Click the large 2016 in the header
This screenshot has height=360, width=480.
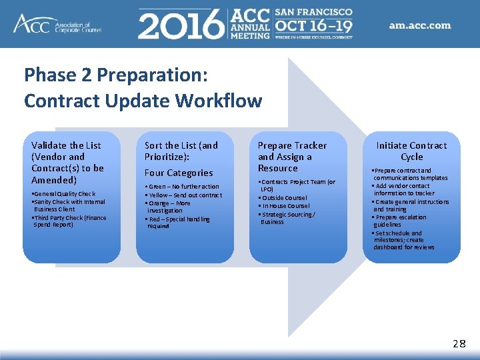(x=181, y=25)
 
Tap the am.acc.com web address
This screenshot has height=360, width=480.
(x=420, y=26)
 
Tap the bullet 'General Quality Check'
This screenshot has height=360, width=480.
(x=65, y=194)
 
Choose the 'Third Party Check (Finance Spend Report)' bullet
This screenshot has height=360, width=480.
(x=69, y=221)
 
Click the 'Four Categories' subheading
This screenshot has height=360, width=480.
(x=179, y=173)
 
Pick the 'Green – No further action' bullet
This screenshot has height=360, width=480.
(x=183, y=187)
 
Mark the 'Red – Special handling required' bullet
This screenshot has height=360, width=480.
(x=179, y=223)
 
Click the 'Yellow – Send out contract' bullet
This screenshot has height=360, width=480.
(x=184, y=195)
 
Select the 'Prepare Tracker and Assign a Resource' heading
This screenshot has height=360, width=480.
(x=292, y=157)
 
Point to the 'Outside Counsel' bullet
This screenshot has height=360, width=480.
(x=285, y=197)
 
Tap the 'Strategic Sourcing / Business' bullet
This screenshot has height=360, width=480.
(x=288, y=218)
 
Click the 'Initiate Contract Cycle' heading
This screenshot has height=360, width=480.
(x=411, y=151)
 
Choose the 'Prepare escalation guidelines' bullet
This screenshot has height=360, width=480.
(x=400, y=221)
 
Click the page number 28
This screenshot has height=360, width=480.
(x=459, y=344)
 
